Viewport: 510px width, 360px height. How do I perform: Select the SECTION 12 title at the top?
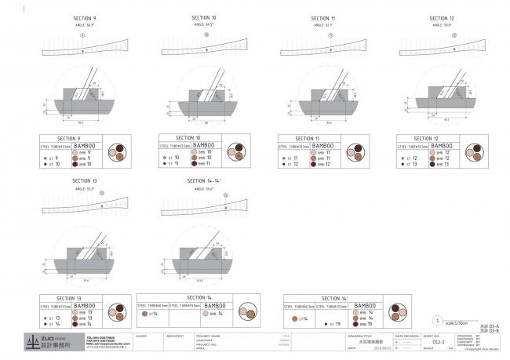442,17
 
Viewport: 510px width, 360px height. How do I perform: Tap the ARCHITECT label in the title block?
174,335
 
